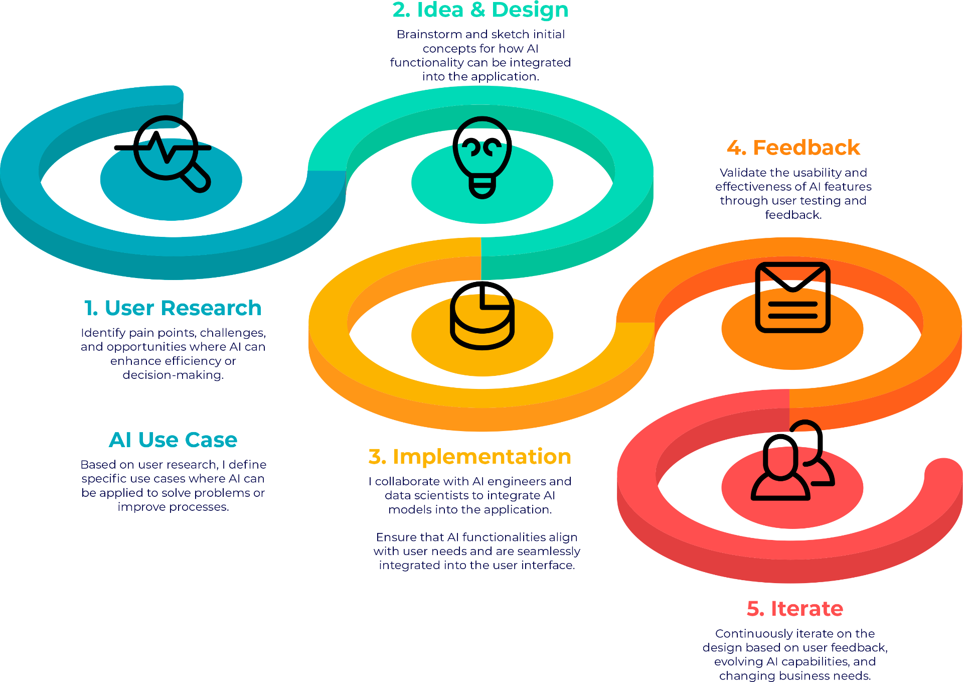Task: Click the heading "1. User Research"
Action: point(173,308)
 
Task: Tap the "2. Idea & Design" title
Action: point(480,10)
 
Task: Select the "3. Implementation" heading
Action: point(470,456)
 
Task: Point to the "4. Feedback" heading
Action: point(793,148)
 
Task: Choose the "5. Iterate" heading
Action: point(794,608)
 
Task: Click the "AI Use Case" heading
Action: point(173,440)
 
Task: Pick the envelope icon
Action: point(792,297)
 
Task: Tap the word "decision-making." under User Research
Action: point(173,375)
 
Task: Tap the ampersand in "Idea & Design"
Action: point(478,10)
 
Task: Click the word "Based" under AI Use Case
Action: point(97,465)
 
